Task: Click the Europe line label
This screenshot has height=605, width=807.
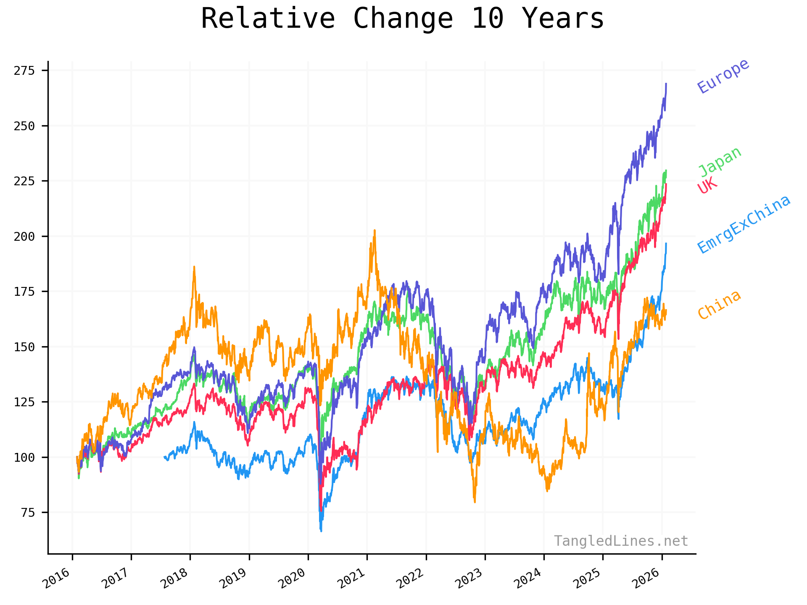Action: (x=723, y=76)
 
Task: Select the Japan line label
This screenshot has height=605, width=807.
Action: (x=720, y=162)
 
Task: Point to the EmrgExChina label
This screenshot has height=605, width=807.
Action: (x=744, y=224)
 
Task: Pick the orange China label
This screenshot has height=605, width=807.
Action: (x=719, y=305)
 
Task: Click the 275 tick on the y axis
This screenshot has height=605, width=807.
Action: (x=24, y=71)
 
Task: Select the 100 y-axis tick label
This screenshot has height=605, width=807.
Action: (x=24, y=458)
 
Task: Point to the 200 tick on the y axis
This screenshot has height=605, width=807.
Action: (x=24, y=237)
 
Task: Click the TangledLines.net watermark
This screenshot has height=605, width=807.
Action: (x=620, y=541)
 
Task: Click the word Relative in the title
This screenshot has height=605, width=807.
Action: (x=268, y=19)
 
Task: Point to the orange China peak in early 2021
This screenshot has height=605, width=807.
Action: (x=374, y=231)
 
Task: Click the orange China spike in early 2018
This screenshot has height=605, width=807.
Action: (x=194, y=267)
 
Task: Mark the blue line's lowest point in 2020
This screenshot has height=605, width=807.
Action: (x=321, y=531)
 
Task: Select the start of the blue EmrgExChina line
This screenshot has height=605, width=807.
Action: (x=164, y=457)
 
